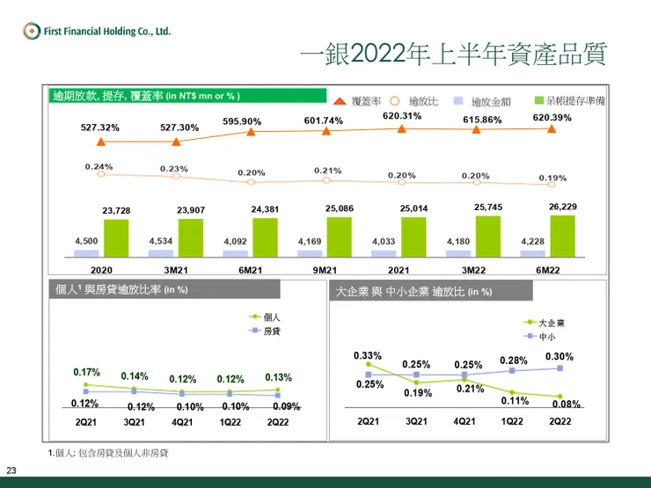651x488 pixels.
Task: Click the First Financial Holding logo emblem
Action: click(x=32, y=32)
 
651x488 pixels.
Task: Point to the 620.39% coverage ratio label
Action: click(x=552, y=118)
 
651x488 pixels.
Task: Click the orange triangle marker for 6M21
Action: click(x=252, y=133)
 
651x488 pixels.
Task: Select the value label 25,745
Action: click(x=488, y=207)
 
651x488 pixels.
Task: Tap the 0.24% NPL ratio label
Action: click(x=99, y=166)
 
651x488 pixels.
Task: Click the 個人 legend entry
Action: click(x=272, y=316)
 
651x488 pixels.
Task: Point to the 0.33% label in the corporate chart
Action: click(x=367, y=355)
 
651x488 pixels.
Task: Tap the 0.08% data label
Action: click(x=565, y=404)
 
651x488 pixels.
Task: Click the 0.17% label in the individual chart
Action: click(x=87, y=372)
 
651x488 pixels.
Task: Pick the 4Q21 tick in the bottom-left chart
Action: click(x=182, y=422)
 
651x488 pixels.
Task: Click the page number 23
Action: click(x=12, y=469)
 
